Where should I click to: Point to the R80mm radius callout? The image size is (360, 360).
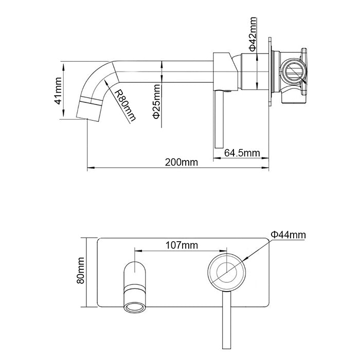tap(126, 106)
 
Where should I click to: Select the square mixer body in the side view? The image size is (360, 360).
tap(224, 70)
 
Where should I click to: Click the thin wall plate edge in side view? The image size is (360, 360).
tap(269, 72)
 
